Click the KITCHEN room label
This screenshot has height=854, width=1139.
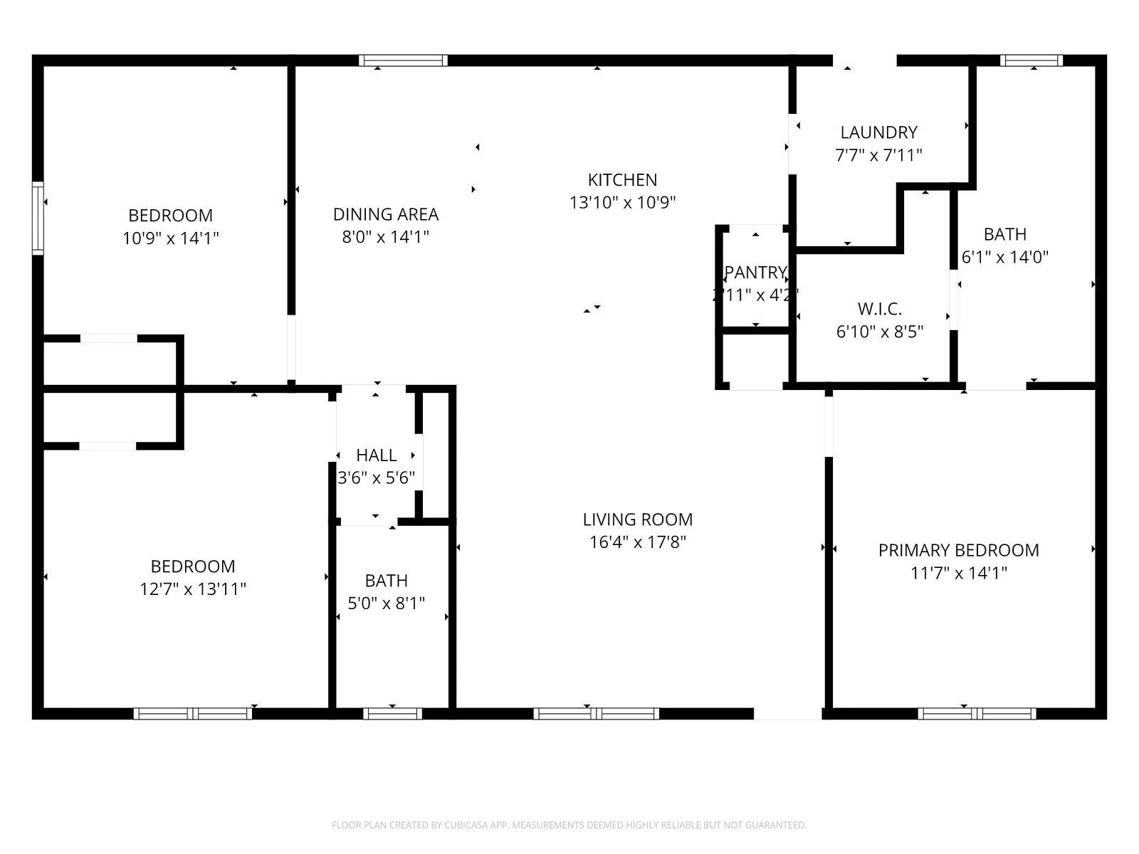(x=622, y=179)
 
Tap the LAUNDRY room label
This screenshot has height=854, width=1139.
(x=878, y=132)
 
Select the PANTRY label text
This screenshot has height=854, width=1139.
(x=755, y=272)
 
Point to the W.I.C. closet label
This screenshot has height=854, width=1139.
(x=880, y=309)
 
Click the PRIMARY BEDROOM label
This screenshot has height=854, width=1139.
(x=958, y=550)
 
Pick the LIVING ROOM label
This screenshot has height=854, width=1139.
(x=637, y=520)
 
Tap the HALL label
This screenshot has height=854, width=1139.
(x=376, y=455)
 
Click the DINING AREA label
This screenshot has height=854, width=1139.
(x=386, y=214)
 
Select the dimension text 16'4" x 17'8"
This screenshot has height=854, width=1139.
(x=637, y=542)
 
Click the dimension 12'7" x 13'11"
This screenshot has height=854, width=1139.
(x=193, y=589)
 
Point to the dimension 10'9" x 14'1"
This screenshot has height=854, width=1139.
(x=170, y=238)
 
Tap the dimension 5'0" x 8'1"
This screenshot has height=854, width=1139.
(x=387, y=603)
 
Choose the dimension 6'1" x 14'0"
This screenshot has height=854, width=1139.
(x=1005, y=257)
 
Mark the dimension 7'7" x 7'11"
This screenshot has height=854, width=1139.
(x=878, y=154)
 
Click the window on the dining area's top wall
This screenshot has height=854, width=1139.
(x=404, y=60)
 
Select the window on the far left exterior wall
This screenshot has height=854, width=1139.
(x=38, y=218)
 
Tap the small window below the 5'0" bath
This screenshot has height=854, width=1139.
(x=392, y=713)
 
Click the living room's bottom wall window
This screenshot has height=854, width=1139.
(x=597, y=713)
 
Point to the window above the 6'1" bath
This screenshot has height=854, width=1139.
(x=1031, y=60)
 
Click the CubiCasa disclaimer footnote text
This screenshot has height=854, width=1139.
(x=569, y=826)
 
